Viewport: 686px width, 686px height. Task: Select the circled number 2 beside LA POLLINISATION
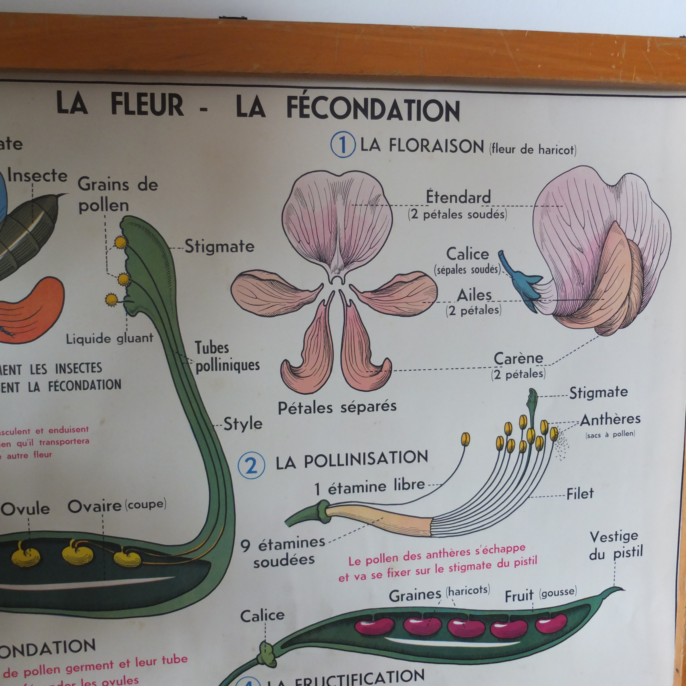tap(251, 465)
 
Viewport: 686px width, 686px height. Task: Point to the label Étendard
tap(458, 197)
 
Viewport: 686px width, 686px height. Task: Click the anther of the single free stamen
tap(465, 439)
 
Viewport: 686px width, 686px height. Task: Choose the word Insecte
tap(37, 176)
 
